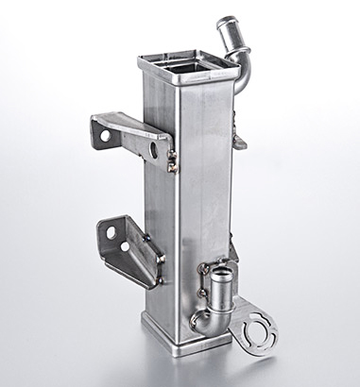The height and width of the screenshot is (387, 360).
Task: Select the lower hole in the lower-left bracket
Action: (125, 247)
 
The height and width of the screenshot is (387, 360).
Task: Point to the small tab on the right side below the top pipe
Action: (240, 142)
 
